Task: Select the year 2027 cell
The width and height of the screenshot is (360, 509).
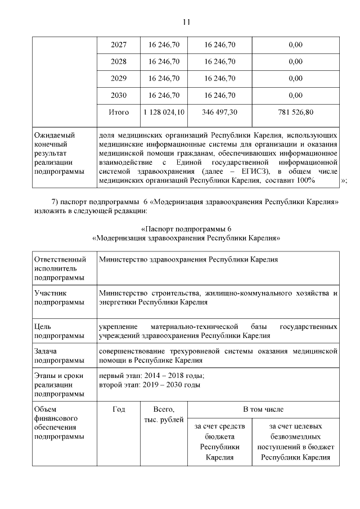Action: (x=119, y=45)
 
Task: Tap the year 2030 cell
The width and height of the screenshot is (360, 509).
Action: (x=119, y=95)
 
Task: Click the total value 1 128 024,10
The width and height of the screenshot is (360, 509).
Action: (x=164, y=112)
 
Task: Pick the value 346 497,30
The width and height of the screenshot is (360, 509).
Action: (x=219, y=112)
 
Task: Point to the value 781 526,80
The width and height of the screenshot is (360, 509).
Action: (x=295, y=112)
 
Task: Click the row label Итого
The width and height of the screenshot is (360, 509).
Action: (x=119, y=112)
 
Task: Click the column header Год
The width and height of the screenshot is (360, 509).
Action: (x=119, y=409)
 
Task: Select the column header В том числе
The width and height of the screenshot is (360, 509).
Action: (x=263, y=409)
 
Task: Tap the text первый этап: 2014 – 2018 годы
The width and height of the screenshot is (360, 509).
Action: (x=151, y=376)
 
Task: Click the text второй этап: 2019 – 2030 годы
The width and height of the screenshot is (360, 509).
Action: (x=149, y=385)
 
